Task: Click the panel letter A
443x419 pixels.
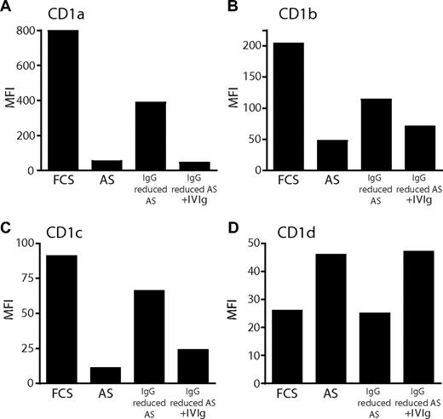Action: tap(7, 8)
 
